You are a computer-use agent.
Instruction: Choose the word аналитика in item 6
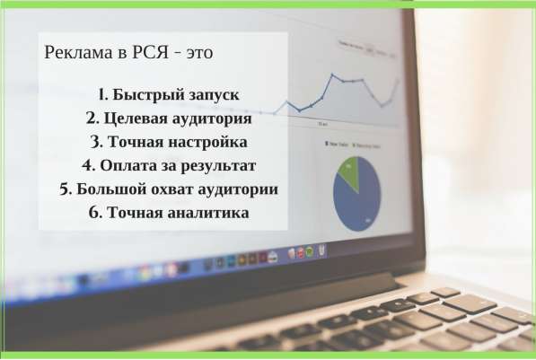206,213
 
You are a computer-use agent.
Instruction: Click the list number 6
92,213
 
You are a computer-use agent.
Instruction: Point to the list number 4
88,166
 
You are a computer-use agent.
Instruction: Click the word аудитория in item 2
214,119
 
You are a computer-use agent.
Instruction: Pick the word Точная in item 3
136,142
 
